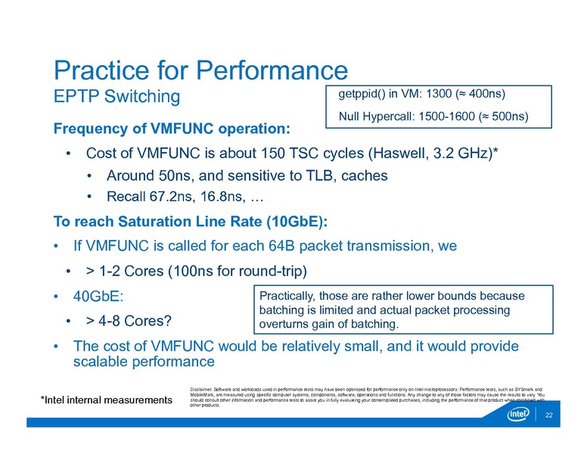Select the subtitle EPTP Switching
(x=116, y=97)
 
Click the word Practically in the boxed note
(x=288, y=297)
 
